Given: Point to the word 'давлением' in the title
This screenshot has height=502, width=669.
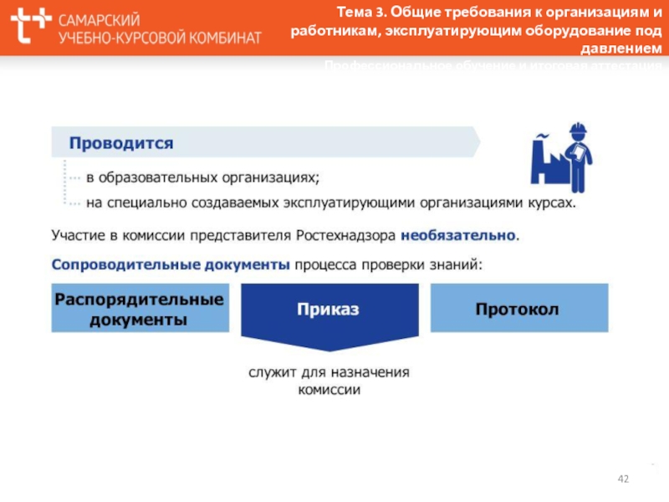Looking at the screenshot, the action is [x=623, y=49].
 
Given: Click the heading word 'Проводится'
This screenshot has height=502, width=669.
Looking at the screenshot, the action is [x=121, y=143].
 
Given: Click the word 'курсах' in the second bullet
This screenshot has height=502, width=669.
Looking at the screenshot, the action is [x=552, y=202].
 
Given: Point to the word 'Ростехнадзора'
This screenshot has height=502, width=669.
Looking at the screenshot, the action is [x=347, y=236].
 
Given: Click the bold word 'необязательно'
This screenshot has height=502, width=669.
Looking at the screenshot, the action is [x=459, y=236].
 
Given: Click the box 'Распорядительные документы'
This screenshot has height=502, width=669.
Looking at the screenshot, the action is [x=139, y=309].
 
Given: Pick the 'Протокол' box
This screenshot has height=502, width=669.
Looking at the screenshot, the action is [x=518, y=309].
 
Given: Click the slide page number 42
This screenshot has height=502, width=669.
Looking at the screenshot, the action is [x=623, y=479].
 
